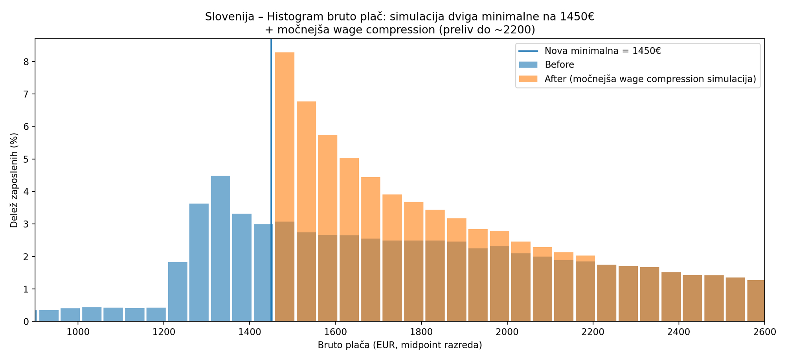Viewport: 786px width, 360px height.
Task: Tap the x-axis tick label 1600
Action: coord(335,332)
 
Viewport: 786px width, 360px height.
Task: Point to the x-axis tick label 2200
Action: coord(593,332)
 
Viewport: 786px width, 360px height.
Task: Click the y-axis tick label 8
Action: coord(26,62)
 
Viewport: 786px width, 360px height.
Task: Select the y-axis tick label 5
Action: coord(26,159)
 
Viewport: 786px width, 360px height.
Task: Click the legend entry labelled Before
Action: coord(559,65)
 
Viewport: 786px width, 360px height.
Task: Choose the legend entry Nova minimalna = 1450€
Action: coord(602,51)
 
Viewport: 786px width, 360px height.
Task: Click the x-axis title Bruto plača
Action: coord(400,345)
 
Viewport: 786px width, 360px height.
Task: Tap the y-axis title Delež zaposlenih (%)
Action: coord(14,180)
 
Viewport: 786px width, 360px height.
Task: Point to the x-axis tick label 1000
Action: coord(78,332)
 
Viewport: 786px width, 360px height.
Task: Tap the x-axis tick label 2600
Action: coord(764,332)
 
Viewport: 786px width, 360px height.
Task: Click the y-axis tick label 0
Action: coord(26,322)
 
